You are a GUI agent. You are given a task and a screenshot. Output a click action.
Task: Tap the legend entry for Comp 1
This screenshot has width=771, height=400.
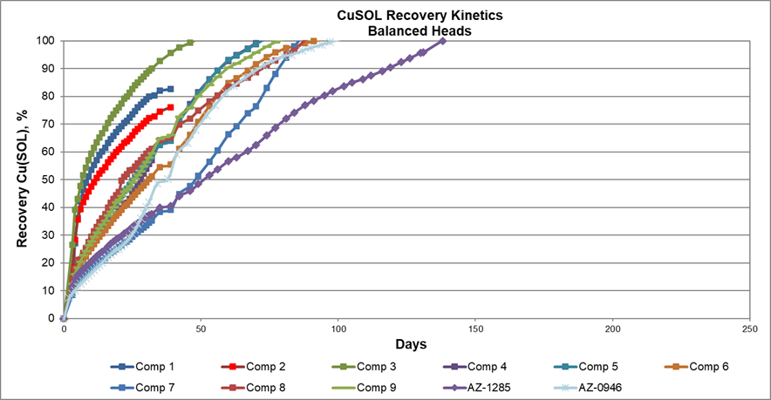click(149, 367)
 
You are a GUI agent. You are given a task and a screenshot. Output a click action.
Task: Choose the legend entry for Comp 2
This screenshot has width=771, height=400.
click(261, 367)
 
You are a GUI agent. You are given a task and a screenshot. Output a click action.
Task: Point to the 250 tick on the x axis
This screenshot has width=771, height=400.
click(748, 330)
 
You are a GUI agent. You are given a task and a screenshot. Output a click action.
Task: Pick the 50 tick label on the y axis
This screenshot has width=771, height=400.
click(51, 180)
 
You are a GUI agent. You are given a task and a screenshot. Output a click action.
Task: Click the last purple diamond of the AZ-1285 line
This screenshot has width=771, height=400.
click(443, 41)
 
